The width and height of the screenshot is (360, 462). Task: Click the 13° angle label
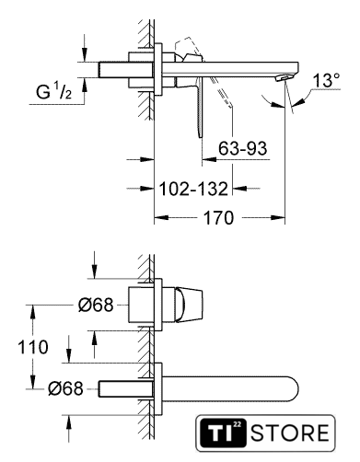point(326,80)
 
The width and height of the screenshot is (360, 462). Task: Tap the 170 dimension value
point(219,218)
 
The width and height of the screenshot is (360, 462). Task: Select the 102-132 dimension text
point(193,189)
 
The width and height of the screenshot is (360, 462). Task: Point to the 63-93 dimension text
point(242,148)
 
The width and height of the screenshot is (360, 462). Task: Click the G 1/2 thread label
point(54,91)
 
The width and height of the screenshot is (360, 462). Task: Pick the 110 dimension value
point(33,347)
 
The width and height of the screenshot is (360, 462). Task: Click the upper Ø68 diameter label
point(96,305)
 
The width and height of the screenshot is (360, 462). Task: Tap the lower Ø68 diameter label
point(65,388)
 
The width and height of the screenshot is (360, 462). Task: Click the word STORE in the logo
point(290,433)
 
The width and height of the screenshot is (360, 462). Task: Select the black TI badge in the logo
point(223,433)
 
